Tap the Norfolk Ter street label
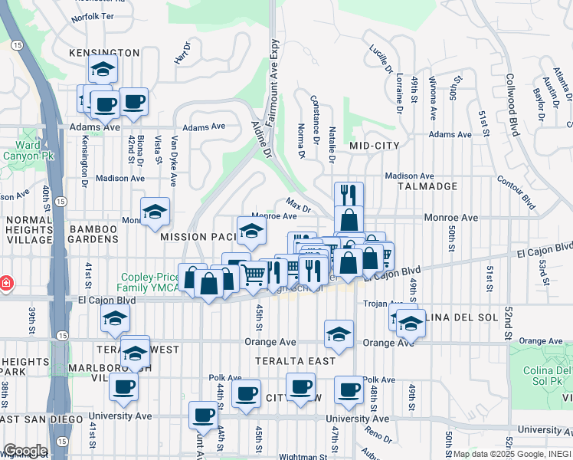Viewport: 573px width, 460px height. pos(91,16)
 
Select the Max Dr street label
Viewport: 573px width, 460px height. pos(298,205)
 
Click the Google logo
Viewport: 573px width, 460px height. pos(25,451)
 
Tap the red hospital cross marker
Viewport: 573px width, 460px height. pos(6,284)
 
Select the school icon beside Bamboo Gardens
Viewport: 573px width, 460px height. pos(155,211)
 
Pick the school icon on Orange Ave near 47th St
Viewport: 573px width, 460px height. pos(339,333)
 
